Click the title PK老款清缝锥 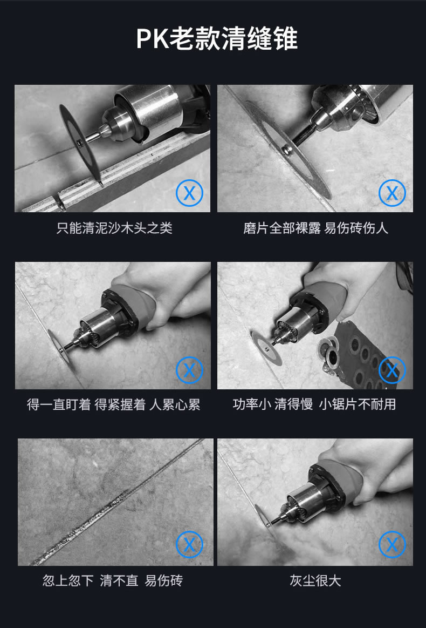click(217, 38)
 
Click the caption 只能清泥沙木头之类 click(114, 228)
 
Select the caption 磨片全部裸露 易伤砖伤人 click(315, 228)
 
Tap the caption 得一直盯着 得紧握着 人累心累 click(114, 404)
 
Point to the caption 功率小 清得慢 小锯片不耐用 click(314, 404)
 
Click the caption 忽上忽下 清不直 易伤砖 click(113, 580)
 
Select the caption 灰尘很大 click(315, 580)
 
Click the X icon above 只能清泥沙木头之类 click(189, 193)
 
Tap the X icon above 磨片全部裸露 click(392, 193)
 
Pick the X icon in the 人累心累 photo click(189, 370)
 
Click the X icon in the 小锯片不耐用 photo click(392, 370)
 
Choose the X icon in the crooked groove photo click(189, 545)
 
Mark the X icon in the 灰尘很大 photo click(392, 545)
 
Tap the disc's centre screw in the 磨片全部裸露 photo click(287, 150)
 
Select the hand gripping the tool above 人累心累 click(176, 294)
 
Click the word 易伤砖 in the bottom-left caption click(163, 580)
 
